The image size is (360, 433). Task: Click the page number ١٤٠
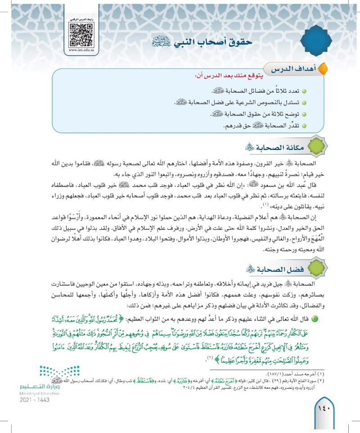click(x=326, y=412)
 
